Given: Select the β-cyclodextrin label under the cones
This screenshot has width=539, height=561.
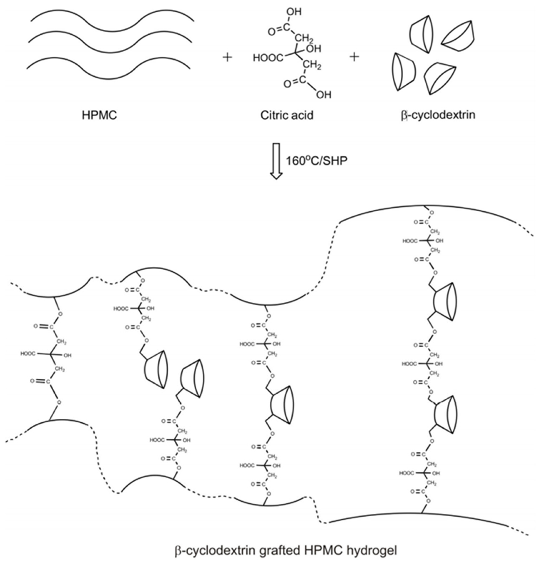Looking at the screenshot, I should point(438,115).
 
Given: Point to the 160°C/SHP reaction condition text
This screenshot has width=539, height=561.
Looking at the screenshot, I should point(317,161).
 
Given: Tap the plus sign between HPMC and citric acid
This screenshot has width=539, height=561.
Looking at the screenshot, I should point(227,58).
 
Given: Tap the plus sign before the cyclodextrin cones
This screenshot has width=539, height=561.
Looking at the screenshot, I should point(354,57).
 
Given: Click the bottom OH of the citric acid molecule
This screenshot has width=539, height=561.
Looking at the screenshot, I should point(324,95).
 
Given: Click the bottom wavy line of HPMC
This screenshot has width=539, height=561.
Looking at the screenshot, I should point(109,69).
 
